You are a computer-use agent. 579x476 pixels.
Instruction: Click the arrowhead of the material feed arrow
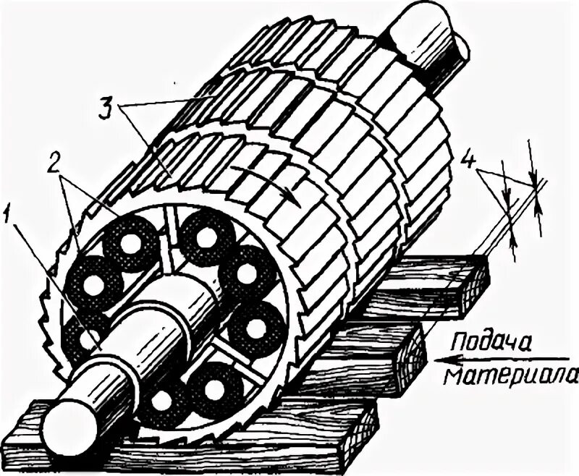tap(433, 357)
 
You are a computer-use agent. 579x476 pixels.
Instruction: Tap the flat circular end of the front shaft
tap(61, 421)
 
